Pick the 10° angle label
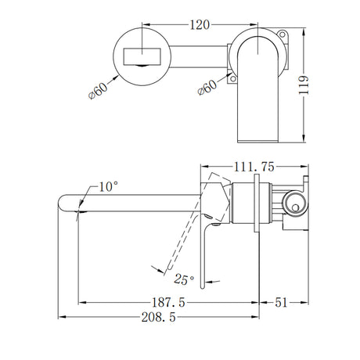click(109, 185)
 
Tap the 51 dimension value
click(283, 300)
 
